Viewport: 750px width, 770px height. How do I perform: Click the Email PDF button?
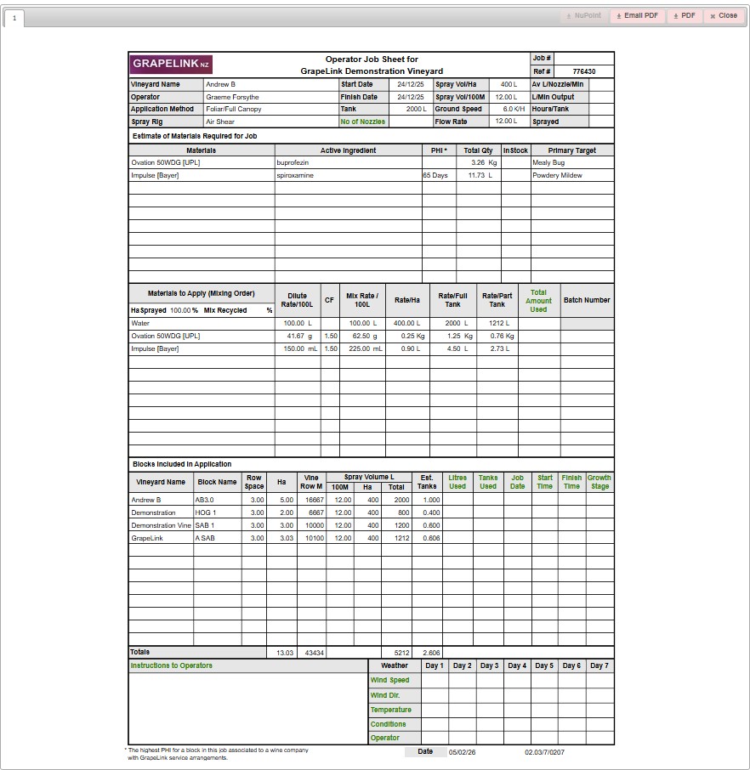click(x=638, y=15)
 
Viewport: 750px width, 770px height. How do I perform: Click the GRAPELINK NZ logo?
click(x=171, y=65)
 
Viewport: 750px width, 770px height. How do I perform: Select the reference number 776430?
click(x=583, y=72)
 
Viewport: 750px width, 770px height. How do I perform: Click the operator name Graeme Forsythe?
click(x=232, y=97)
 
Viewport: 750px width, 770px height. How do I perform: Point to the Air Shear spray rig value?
click(x=220, y=122)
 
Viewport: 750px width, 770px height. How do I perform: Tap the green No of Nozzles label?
click(x=363, y=122)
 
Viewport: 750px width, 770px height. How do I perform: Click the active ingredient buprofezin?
click(x=292, y=162)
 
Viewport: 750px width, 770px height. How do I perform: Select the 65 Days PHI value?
click(x=435, y=175)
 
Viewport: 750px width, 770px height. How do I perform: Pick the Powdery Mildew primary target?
click(x=558, y=175)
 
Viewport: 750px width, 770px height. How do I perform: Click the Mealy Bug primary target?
click(x=548, y=162)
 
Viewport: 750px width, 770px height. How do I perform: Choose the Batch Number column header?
click(x=587, y=300)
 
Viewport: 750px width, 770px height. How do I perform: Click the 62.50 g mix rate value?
click(x=364, y=336)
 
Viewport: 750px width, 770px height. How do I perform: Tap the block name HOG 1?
click(x=206, y=512)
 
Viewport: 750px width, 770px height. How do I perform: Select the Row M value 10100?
click(x=314, y=538)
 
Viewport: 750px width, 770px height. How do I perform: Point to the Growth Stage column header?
click(x=599, y=482)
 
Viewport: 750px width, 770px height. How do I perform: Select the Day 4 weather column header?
click(x=517, y=665)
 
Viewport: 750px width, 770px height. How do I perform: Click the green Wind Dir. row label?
click(x=385, y=695)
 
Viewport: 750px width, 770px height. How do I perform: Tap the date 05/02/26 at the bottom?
click(x=463, y=752)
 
